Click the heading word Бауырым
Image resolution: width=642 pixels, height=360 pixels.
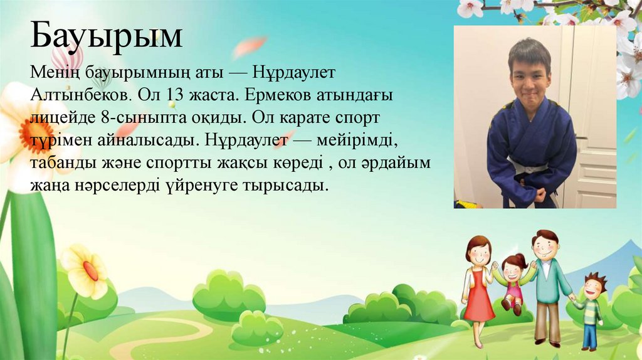[107, 37]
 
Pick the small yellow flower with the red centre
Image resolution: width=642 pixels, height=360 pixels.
[88, 270]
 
